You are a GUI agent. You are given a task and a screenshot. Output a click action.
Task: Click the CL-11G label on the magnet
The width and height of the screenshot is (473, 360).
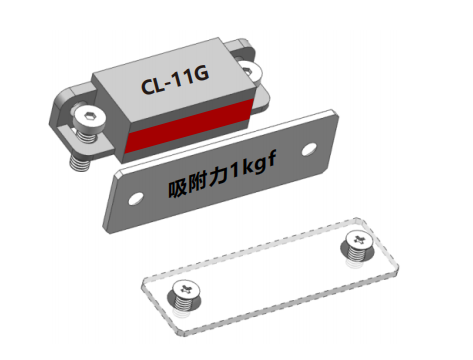point(175,80)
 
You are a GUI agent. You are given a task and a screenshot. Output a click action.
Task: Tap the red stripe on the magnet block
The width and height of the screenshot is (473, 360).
point(189,126)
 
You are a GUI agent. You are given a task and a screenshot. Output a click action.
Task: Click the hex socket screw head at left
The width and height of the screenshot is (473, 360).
point(89,117)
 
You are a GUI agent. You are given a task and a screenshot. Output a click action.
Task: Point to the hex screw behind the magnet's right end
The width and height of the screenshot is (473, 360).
point(249,71)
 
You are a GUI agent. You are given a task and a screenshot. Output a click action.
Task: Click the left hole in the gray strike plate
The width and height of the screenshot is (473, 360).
point(136,199)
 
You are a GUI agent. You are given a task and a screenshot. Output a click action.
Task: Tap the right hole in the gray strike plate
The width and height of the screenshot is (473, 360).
point(309,149)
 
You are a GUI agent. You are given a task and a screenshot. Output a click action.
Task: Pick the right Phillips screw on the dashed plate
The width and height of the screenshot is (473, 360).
point(358,246)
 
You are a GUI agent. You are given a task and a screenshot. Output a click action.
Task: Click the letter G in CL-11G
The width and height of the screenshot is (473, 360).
point(200,74)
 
